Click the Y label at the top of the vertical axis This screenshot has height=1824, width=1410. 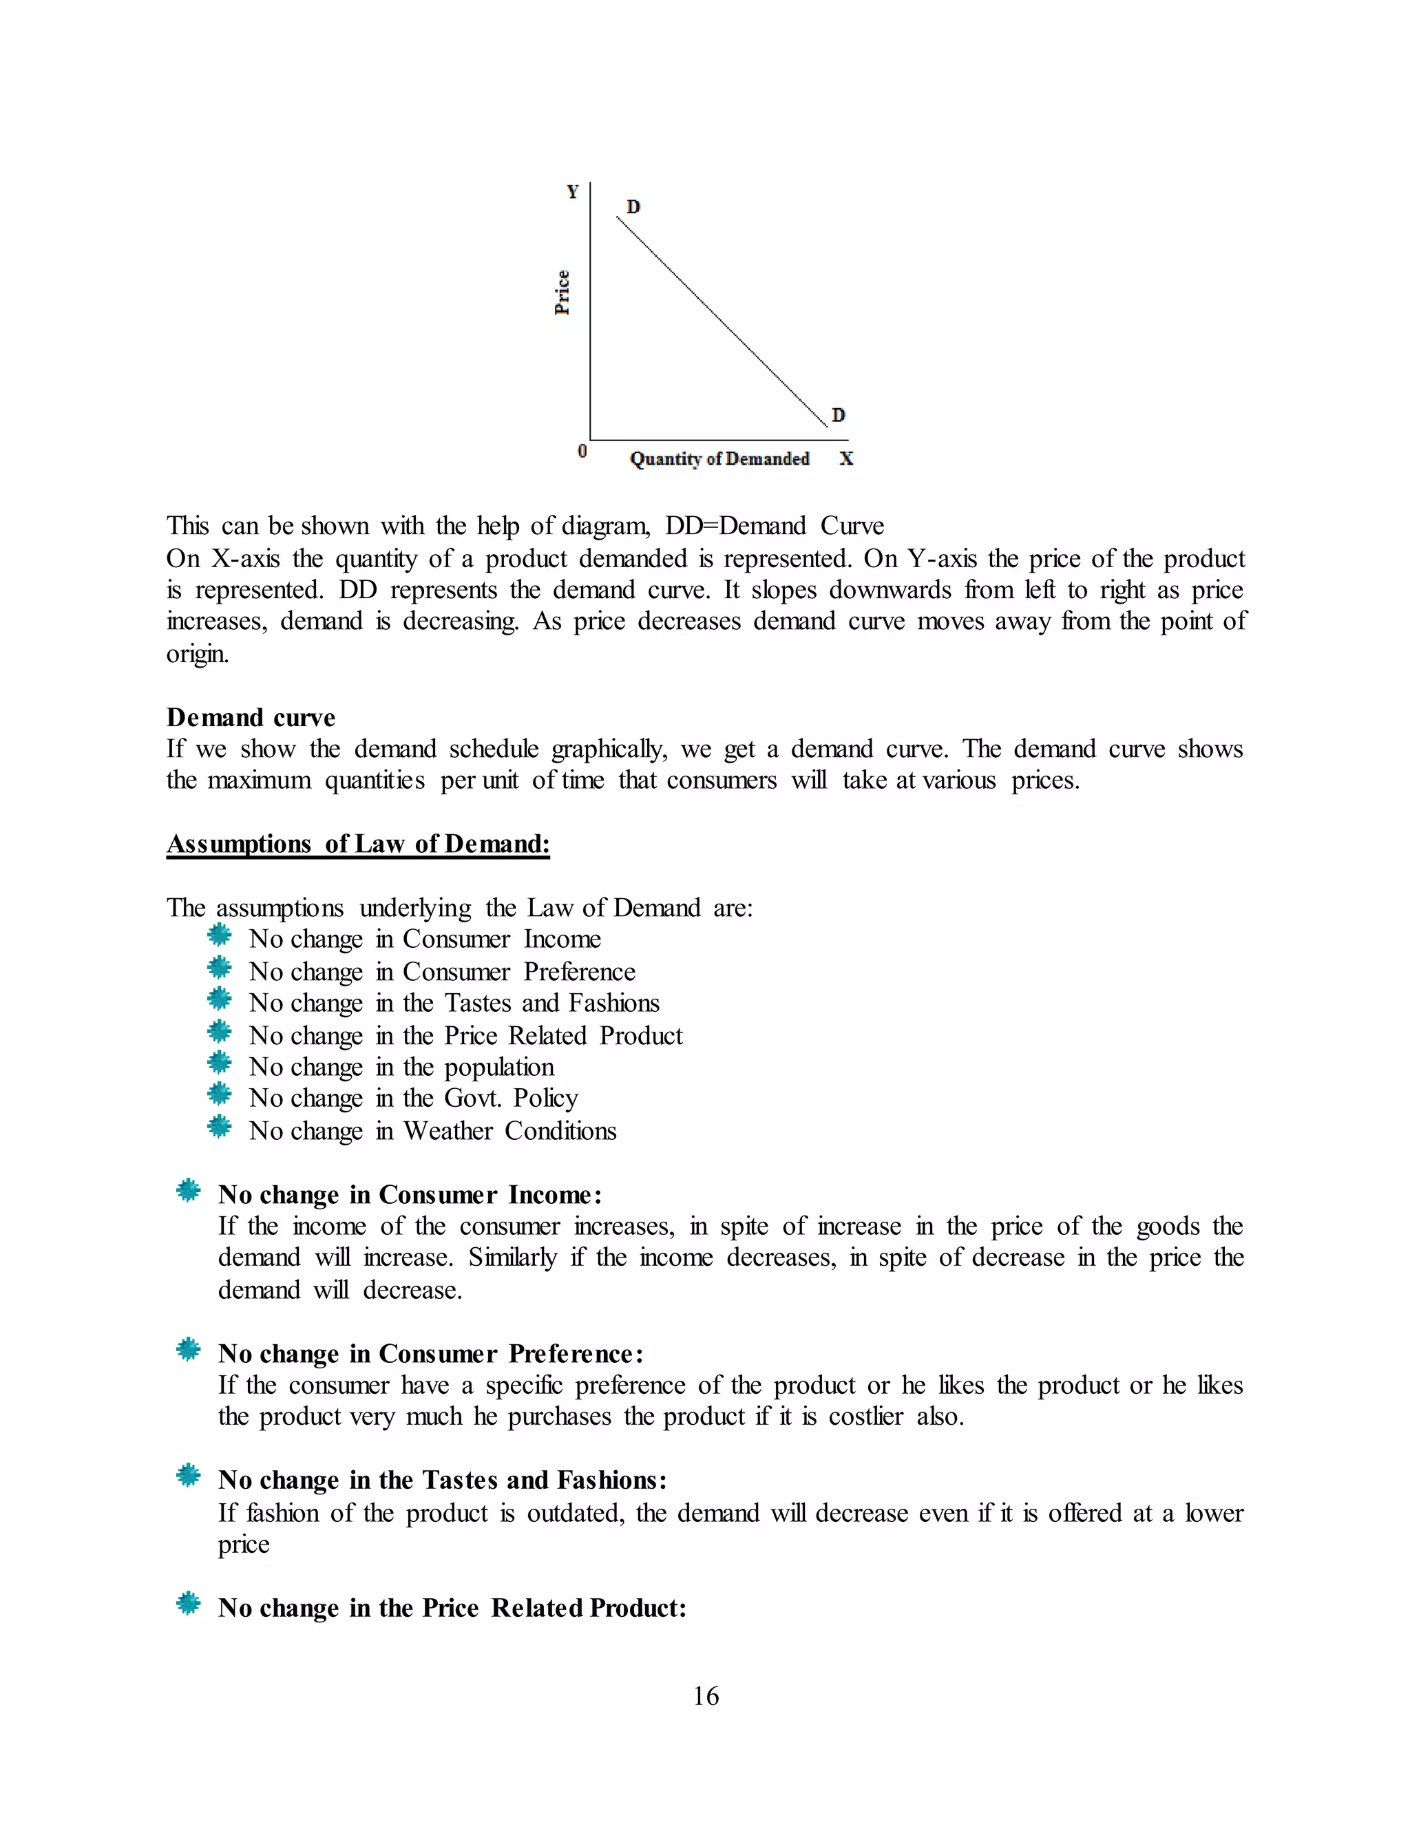(572, 192)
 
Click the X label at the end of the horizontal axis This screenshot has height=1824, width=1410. (846, 458)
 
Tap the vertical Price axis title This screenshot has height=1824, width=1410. (563, 293)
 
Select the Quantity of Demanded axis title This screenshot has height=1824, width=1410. (719, 458)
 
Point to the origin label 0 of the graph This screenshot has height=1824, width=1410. (582, 451)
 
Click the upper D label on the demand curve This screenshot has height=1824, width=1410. (633, 206)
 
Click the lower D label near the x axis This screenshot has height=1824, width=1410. (838, 415)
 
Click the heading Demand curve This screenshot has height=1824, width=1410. (251, 717)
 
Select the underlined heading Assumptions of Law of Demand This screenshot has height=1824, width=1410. (357, 844)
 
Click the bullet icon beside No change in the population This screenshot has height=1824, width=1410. (219, 1064)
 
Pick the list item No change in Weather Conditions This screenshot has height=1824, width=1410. (432, 1131)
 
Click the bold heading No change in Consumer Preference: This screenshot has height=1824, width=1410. (430, 1353)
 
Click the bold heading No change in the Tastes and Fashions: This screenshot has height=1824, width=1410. (442, 1480)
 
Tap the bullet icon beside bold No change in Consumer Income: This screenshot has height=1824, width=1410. (189, 1191)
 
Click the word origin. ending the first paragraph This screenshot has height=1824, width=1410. (197, 653)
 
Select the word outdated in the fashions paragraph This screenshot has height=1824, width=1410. (575, 1514)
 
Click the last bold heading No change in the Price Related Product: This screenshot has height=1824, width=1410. (452, 1608)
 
